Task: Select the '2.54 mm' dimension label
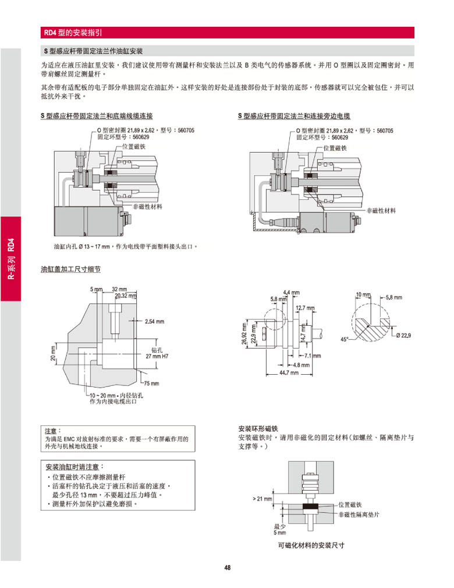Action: coord(154,321)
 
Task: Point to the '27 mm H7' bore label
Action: coord(157,355)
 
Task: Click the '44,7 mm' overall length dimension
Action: coord(289,372)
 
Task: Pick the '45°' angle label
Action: coord(345,339)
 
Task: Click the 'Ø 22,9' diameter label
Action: coord(403,335)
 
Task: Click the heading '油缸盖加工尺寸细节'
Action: coord(70,270)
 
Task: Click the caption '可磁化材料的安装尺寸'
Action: coord(311,545)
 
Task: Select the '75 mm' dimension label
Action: coord(151,383)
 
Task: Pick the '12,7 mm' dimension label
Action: coord(306,307)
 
